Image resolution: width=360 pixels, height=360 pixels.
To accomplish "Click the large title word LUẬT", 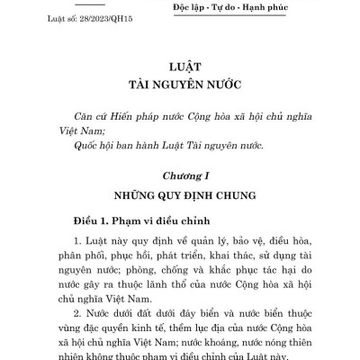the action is pos(179,67).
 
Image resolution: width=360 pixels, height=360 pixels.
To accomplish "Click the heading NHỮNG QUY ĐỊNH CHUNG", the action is pos(179,193).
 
